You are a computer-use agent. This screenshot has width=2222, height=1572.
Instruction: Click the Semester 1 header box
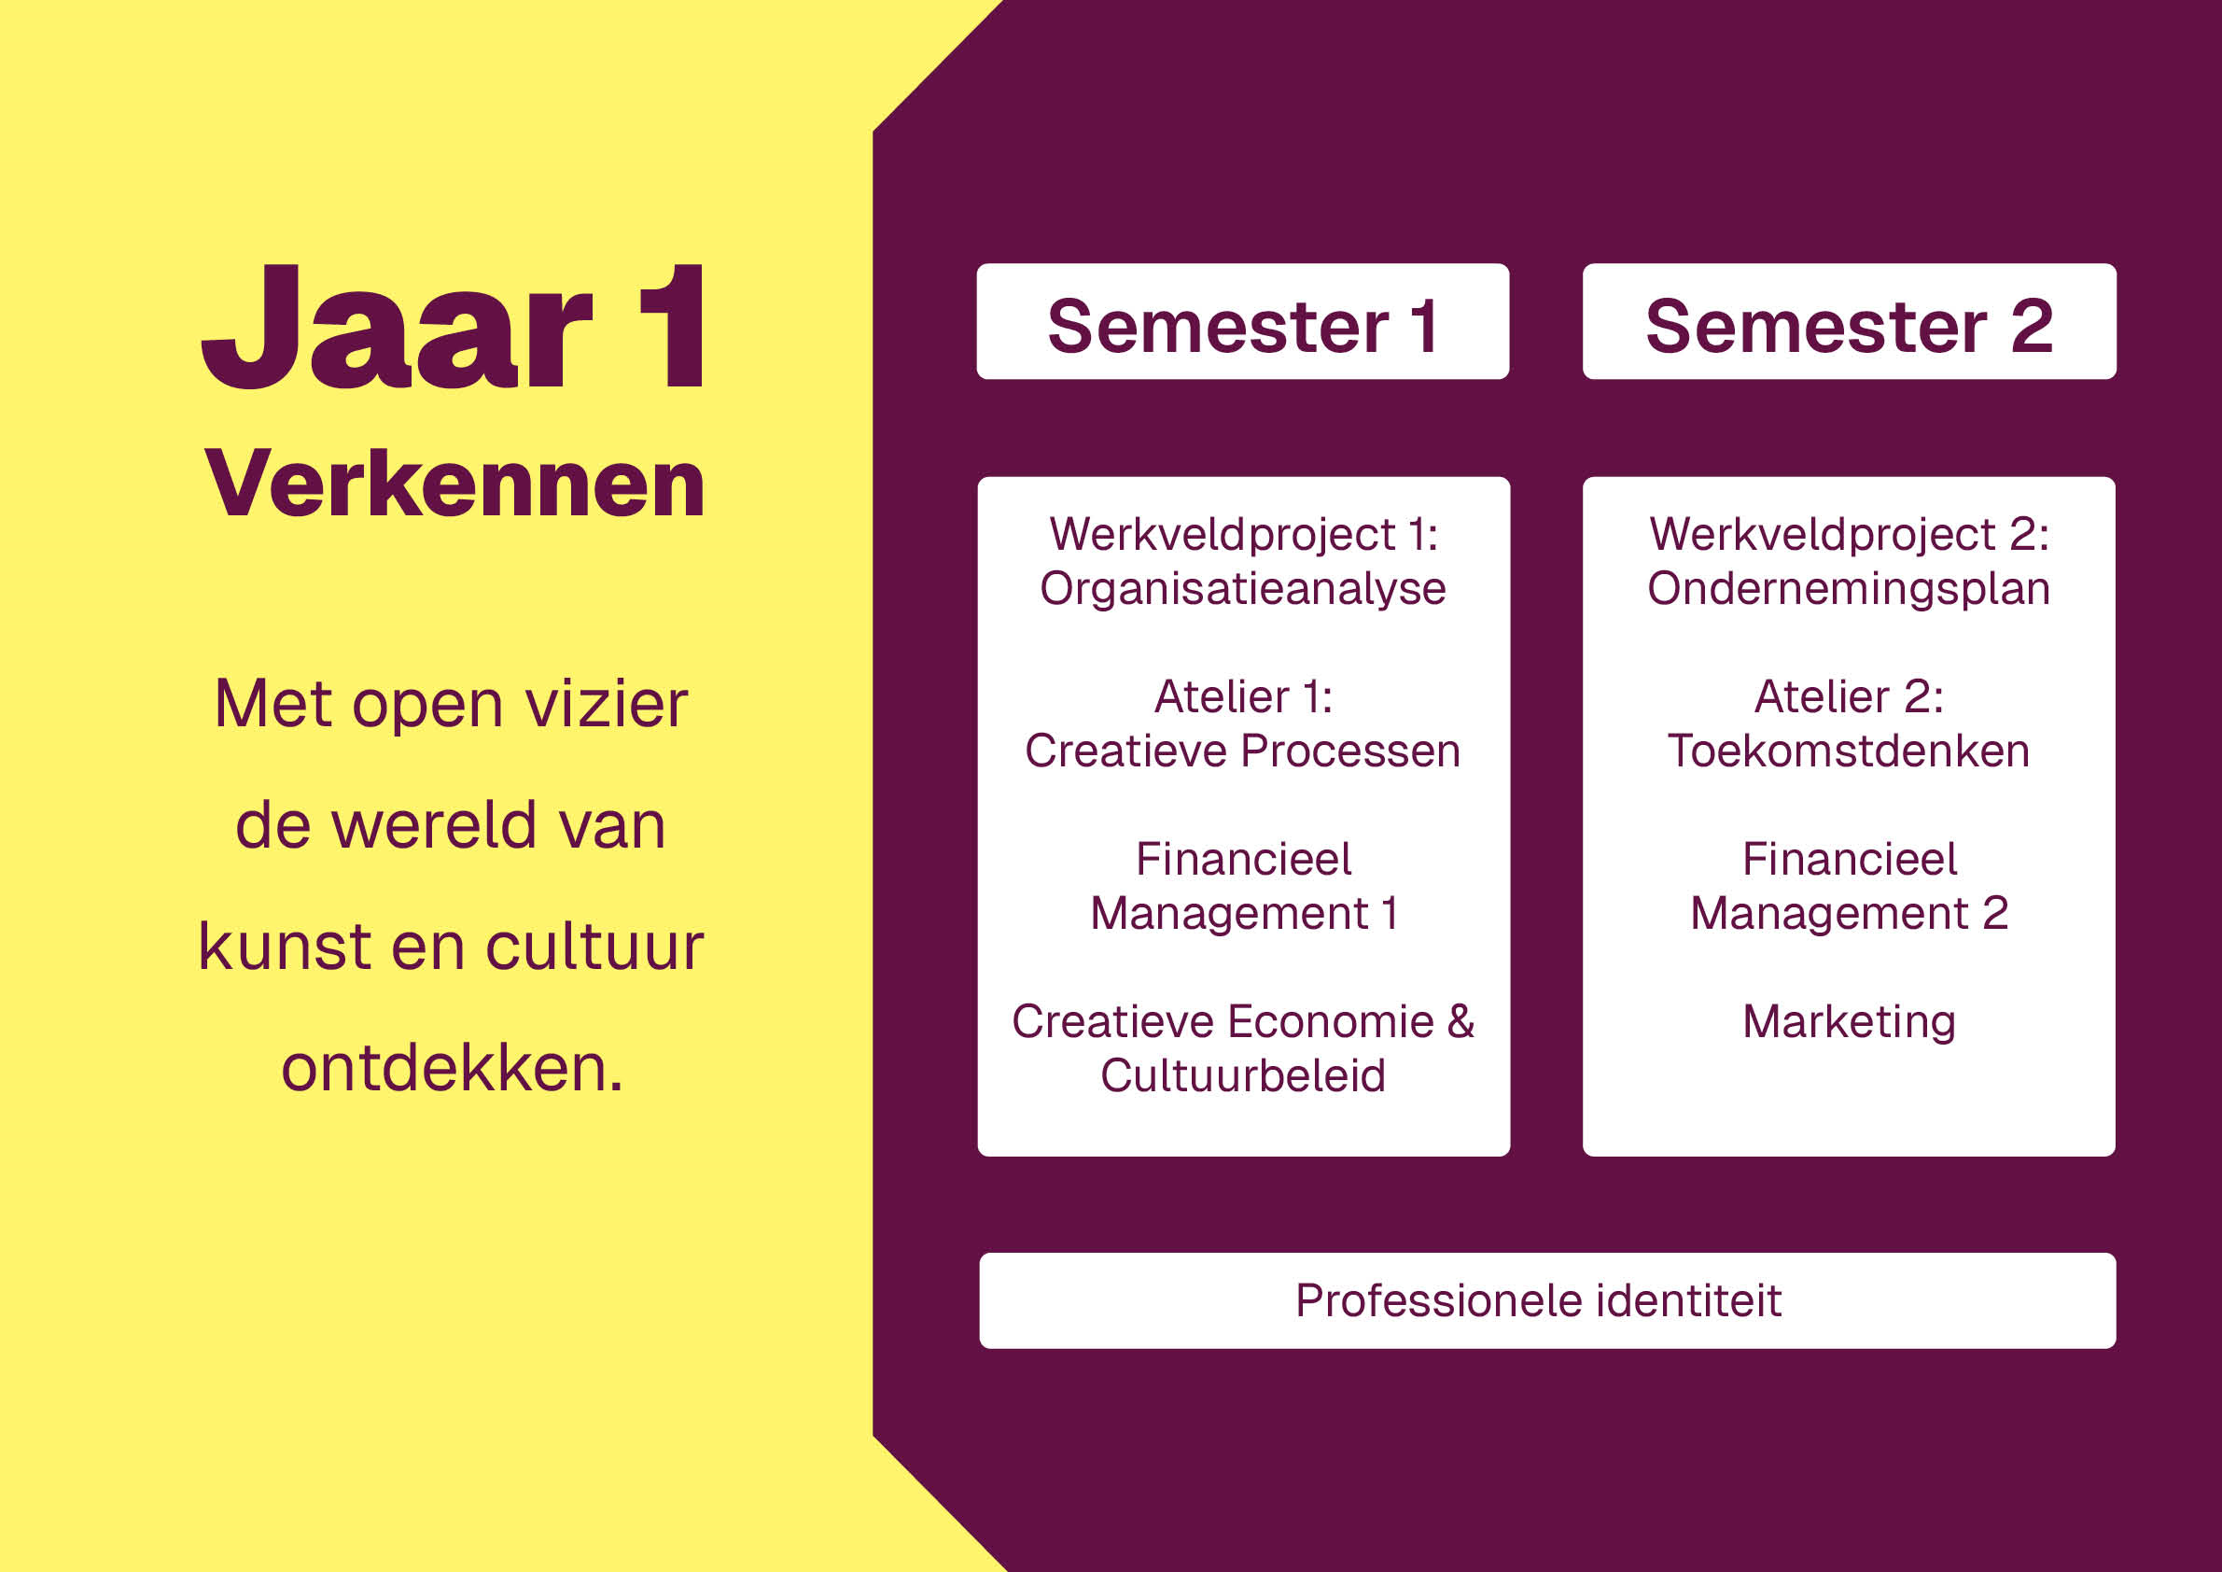(1243, 321)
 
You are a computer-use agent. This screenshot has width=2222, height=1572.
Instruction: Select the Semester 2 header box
(1849, 321)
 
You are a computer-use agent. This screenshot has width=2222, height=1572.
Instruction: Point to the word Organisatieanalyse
(1243, 588)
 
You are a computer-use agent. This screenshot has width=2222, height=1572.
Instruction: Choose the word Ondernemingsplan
(1849, 588)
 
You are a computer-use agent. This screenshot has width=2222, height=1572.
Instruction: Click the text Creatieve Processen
(1243, 751)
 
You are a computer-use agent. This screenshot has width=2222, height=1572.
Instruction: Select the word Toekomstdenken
(1849, 751)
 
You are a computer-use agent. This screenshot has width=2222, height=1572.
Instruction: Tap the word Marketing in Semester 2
(1849, 1022)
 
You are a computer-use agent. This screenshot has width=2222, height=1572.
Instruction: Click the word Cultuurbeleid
(1243, 1075)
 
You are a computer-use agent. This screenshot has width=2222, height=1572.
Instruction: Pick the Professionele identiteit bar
(1547, 1300)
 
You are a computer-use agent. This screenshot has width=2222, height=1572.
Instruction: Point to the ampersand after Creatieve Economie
(1460, 1021)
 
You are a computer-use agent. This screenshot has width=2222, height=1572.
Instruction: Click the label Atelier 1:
(1244, 697)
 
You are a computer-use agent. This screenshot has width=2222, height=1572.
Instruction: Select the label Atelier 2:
(1849, 697)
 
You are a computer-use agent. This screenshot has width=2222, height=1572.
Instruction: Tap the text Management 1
(1244, 914)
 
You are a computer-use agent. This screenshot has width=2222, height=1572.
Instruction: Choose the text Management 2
(1850, 914)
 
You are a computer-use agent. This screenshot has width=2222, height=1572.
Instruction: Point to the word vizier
(607, 703)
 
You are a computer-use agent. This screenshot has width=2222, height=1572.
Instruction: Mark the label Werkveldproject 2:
(1850, 535)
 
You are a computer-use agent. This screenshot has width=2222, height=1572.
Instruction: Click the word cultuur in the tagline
(594, 946)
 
